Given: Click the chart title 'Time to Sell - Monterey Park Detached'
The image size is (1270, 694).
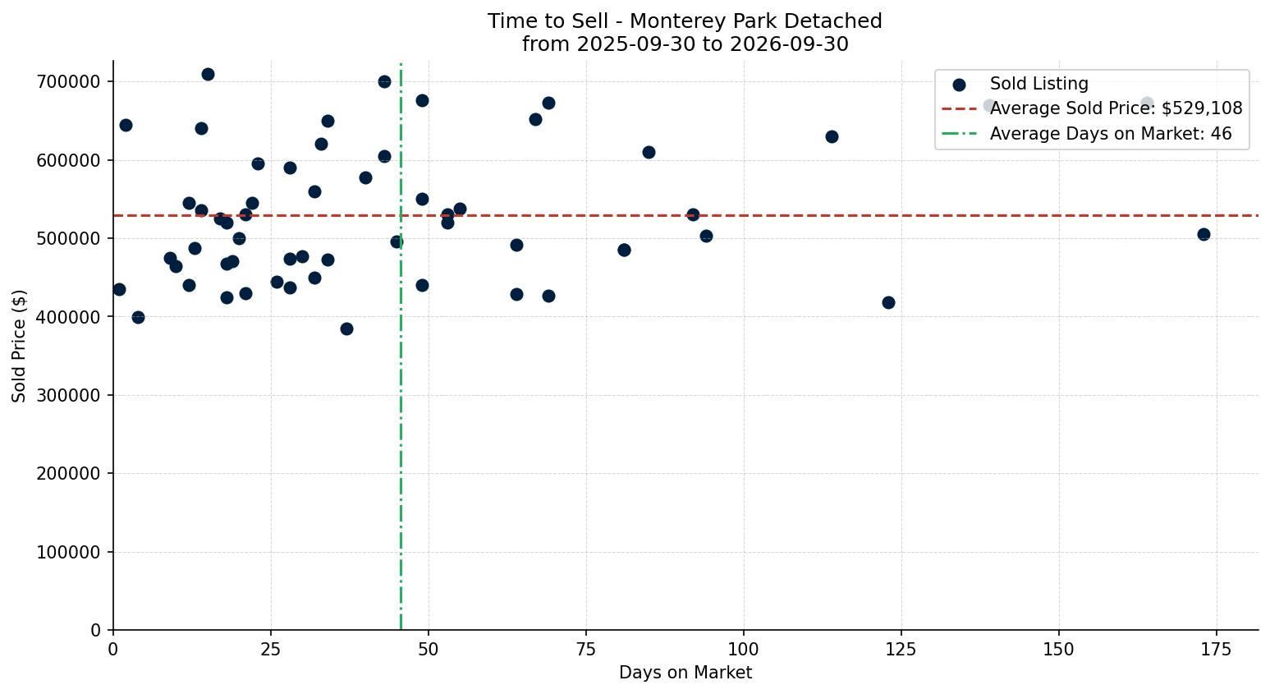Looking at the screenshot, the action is pos(685,21).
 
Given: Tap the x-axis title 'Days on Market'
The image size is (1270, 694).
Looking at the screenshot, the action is pos(685,673).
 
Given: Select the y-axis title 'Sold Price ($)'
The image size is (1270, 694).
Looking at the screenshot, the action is pos(19,346).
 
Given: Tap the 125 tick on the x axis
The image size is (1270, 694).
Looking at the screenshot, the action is pos(901,650).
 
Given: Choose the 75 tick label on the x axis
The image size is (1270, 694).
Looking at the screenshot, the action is pos(586,650).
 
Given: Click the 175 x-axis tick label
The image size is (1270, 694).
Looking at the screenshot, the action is pos(1216,650).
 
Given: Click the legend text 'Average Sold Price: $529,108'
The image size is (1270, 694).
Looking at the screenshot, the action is pos(1116,108).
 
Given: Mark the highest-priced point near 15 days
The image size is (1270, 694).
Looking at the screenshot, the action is pos(208,74).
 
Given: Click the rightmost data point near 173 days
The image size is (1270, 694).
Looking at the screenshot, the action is pos(1204,235).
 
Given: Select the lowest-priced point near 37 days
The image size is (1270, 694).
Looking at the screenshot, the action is pos(347,329).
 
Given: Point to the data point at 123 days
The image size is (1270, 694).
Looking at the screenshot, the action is pos(888,303).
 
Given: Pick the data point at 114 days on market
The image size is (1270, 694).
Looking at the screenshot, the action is pos(832,136).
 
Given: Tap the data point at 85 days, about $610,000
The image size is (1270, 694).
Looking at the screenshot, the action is pos(649,153).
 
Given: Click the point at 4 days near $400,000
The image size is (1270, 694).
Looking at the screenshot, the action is pos(139,318).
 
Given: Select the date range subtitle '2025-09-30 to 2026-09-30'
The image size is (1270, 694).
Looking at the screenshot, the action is pos(713,44).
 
